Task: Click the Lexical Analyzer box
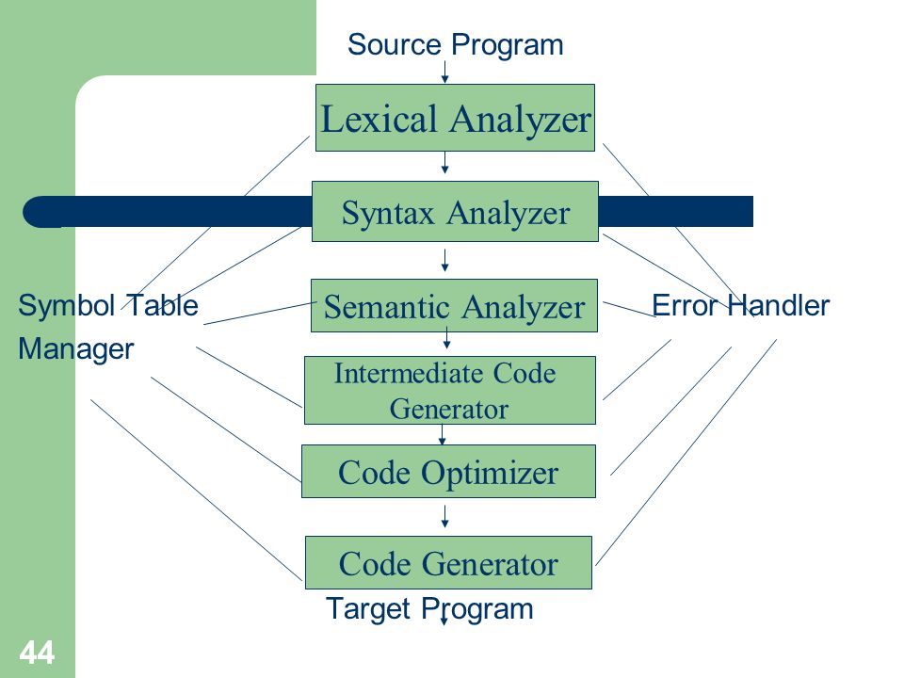[455, 118]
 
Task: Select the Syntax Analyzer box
[455, 212]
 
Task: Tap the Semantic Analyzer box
[454, 305]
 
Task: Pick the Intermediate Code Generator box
[450, 390]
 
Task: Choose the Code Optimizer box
[448, 471]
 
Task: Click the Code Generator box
[448, 563]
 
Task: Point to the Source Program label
[456, 45]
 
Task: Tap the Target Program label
[429, 609]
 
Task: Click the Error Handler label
[740, 305]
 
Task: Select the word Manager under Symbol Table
[76, 349]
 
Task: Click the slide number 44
[37, 653]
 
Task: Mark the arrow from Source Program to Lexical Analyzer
[444, 72]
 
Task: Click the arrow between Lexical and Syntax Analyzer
[444, 163]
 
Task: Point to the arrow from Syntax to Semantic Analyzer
[444, 260]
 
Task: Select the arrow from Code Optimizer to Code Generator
[444, 516]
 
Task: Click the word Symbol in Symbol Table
[67, 305]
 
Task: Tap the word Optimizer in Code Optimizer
[490, 474]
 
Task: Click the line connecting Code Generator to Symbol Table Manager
[196, 490]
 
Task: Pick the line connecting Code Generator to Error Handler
[686, 452]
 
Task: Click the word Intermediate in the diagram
[407, 374]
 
